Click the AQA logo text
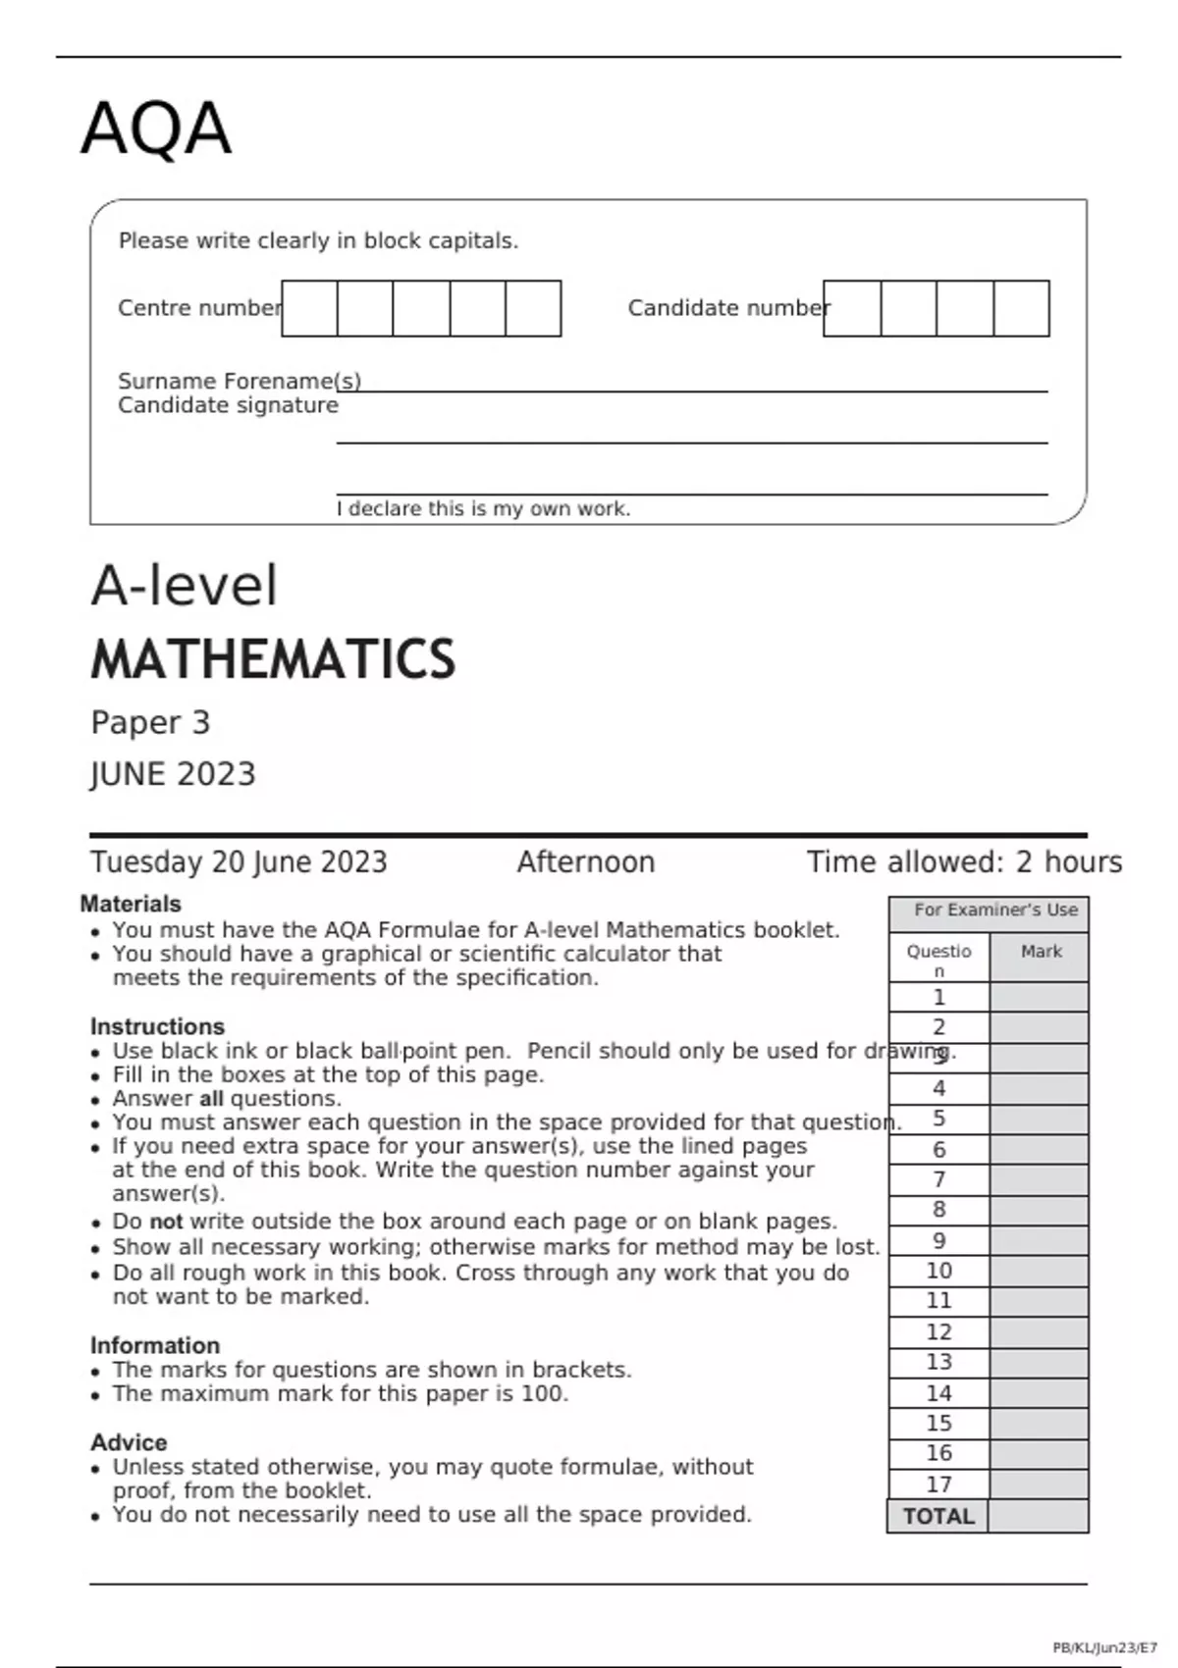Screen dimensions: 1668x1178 [156, 130]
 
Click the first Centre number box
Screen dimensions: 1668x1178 [309, 308]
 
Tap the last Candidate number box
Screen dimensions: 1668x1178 [1021, 308]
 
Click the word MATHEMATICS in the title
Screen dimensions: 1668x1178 [273, 659]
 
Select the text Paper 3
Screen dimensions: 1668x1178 [150, 723]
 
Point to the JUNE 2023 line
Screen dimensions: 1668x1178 [173, 774]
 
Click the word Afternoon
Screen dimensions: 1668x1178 [586, 862]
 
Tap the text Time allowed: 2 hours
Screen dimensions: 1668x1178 [964, 862]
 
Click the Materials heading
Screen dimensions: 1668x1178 [131, 904]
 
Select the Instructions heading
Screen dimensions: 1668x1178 [157, 1026]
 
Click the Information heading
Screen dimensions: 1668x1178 [155, 1345]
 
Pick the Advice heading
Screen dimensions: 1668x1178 [129, 1442]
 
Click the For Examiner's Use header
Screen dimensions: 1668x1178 [995, 911]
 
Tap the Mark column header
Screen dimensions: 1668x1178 [1041, 952]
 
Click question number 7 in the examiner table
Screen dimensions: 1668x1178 [938, 1179]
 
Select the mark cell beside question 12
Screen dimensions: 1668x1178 [1039, 1331]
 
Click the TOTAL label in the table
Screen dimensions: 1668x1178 [938, 1517]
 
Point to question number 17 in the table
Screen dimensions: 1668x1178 [938, 1485]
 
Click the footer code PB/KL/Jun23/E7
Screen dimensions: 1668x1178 [1104, 1648]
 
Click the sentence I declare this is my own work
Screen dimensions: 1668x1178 [483, 509]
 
